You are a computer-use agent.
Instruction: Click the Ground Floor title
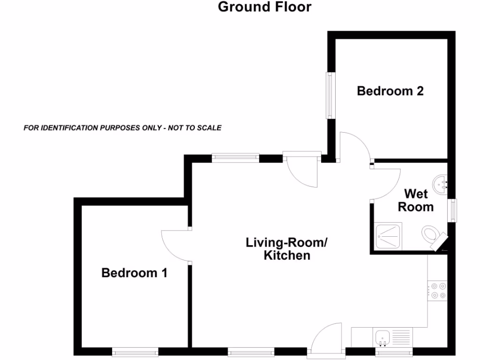264,7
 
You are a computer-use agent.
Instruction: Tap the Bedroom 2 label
390,91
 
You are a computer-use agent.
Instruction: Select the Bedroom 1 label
135,272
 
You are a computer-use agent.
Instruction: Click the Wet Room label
416,200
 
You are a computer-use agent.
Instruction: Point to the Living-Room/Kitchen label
287,249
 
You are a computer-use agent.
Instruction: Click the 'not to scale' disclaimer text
122,127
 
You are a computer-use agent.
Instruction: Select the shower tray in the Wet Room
388,237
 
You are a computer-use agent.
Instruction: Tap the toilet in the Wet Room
431,234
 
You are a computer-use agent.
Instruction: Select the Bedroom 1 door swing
174,245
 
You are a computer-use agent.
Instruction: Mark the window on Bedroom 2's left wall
330,95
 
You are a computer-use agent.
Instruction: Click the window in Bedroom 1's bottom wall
135,351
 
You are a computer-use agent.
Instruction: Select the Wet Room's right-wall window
452,210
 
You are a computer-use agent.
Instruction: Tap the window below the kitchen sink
394,351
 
